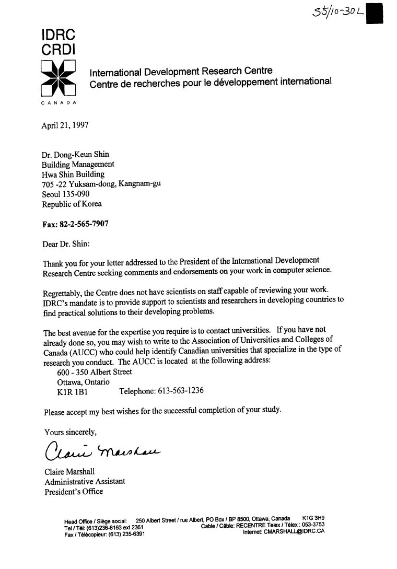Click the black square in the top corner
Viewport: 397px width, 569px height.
click(x=375, y=13)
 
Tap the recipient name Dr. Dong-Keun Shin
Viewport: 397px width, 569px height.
click(x=76, y=154)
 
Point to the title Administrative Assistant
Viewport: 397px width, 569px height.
click(x=85, y=481)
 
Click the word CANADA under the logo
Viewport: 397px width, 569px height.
click(x=59, y=103)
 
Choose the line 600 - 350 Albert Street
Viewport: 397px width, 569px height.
click(x=95, y=372)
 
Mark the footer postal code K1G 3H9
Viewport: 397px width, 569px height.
click(x=313, y=519)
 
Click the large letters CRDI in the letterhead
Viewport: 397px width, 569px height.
click(x=58, y=50)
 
